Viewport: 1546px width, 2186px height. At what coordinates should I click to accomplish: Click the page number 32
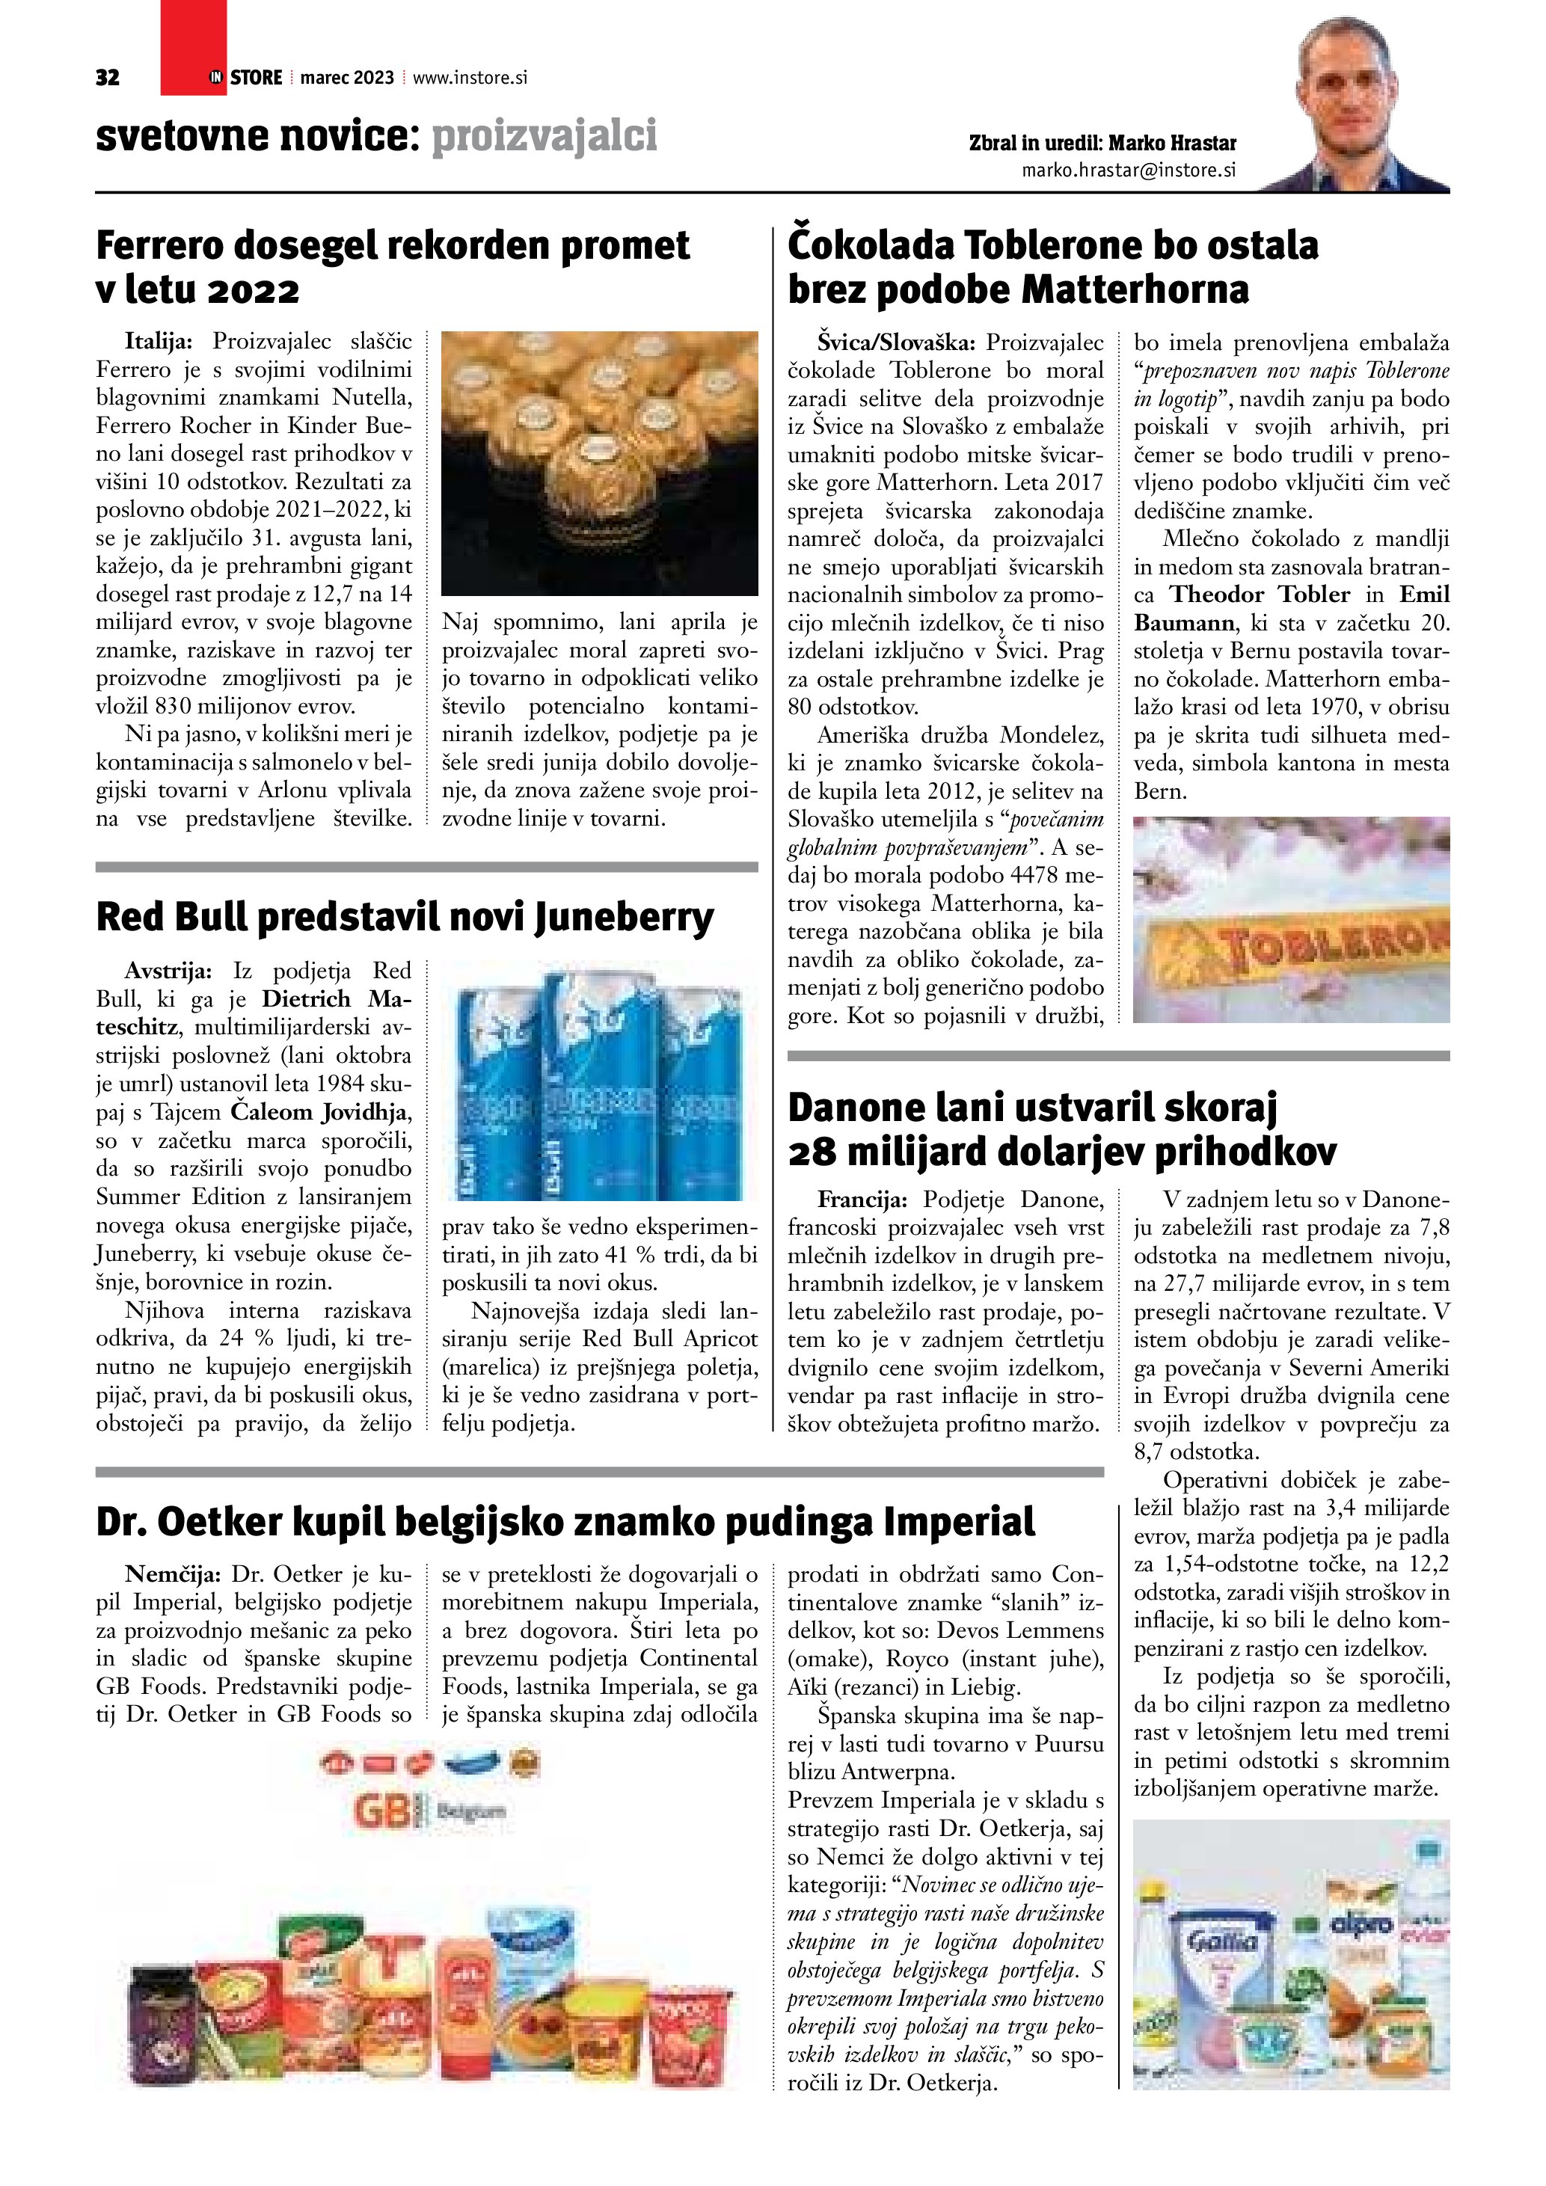pyautogui.click(x=108, y=78)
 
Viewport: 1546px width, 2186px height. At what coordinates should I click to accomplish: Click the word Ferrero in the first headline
pyautogui.click(x=160, y=245)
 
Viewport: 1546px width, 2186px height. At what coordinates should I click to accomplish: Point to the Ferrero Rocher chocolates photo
pyautogui.click(x=600, y=463)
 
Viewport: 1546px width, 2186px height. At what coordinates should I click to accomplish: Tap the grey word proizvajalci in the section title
pyautogui.click(x=545, y=136)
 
